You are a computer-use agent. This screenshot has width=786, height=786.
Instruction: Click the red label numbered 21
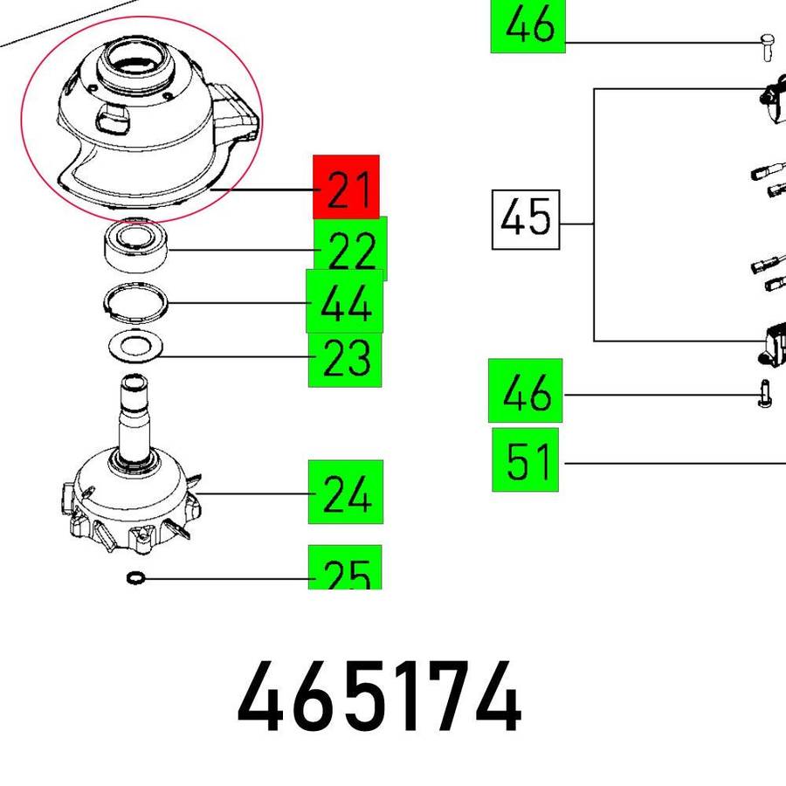346,187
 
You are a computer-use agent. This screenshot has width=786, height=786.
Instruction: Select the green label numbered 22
351,248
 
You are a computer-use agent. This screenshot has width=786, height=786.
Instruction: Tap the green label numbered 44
345,301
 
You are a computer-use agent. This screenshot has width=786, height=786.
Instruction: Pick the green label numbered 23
345,359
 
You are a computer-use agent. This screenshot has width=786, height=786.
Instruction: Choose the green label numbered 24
346,492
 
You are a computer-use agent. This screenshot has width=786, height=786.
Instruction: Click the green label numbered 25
345,567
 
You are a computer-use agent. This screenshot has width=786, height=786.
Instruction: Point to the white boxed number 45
526,219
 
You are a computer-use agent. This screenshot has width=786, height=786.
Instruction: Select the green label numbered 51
526,460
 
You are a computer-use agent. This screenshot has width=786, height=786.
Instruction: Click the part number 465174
380,697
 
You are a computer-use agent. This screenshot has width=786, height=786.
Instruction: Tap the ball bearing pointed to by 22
136,245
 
